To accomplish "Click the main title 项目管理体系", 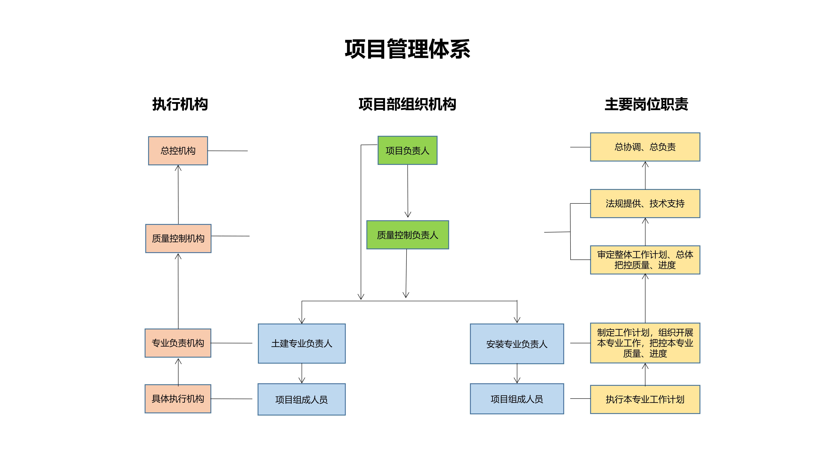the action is [x=407, y=49].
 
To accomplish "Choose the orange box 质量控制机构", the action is [x=178, y=238].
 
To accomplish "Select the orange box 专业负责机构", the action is [x=178, y=343].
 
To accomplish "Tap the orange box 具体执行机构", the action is [x=178, y=399].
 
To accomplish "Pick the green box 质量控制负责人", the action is [x=407, y=235].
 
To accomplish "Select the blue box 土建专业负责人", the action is [x=302, y=343].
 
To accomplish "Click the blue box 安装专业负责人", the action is [x=517, y=344].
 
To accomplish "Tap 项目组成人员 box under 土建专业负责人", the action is [x=302, y=399].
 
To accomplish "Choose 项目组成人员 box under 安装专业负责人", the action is [x=517, y=399].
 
